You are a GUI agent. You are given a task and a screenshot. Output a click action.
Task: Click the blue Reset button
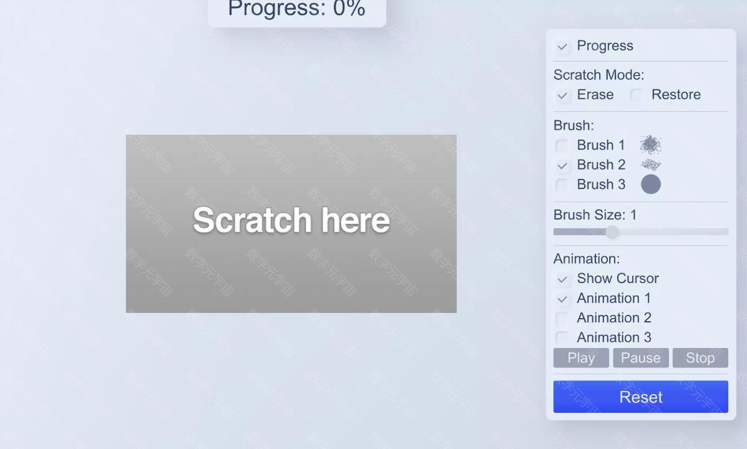[x=640, y=397]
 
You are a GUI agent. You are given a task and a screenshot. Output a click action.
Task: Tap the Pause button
[x=640, y=357]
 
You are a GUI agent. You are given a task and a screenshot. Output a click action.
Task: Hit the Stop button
[x=700, y=357]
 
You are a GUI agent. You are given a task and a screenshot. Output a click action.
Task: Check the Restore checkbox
[x=637, y=95]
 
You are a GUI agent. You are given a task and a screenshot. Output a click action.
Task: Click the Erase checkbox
[x=562, y=95]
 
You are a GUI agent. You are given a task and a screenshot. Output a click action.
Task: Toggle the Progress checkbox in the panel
[x=562, y=46]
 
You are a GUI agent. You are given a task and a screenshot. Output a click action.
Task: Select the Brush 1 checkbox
[x=562, y=145]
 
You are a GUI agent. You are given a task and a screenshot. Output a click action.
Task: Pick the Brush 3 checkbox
[x=562, y=185]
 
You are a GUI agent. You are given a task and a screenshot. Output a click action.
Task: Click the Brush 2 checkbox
[x=562, y=165]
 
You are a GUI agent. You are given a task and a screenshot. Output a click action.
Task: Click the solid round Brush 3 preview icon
[x=651, y=184]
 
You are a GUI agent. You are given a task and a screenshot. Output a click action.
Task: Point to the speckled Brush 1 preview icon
[x=650, y=145]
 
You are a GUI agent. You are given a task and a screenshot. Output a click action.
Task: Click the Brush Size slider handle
[x=612, y=232]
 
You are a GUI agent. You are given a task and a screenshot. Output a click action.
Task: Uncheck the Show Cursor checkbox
[x=562, y=279]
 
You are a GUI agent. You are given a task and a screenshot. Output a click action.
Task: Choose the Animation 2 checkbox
[x=562, y=318]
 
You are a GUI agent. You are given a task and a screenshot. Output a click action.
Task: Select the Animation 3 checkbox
[x=562, y=337]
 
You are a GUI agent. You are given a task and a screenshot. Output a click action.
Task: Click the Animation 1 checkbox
[x=562, y=299]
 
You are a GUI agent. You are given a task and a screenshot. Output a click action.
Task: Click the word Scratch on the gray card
[x=252, y=220]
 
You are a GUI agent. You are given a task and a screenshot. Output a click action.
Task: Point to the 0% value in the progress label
[x=349, y=9]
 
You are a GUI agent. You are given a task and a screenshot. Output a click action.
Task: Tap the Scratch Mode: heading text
[x=598, y=75]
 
